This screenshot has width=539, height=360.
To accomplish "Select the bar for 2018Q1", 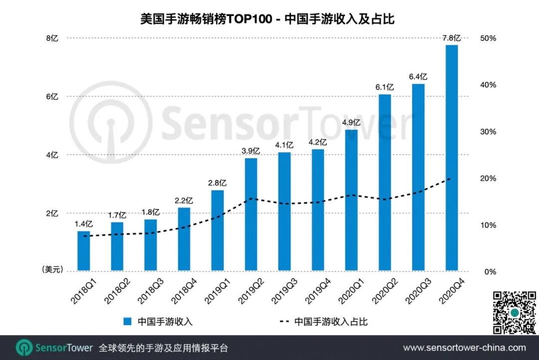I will (83, 251).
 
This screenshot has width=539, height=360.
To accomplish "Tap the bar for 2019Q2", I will (251, 215).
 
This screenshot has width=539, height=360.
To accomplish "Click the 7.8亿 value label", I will (452, 38).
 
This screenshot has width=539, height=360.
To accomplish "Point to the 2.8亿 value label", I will (218, 183).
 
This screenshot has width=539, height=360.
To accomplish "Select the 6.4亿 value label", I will (418, 77).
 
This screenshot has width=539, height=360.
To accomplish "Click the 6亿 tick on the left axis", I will (52, 97).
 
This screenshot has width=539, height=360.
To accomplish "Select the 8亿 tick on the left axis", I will (52, 38).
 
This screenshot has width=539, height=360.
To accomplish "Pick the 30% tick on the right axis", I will (488, 132).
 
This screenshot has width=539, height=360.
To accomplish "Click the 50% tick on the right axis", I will (488, 38).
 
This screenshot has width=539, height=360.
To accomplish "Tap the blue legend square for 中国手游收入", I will (128, 322).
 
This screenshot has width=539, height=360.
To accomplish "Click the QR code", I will (515, 312).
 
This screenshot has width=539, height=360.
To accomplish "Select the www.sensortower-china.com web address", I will (464, 348).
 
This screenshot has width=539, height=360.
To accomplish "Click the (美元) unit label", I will (52, 269).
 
